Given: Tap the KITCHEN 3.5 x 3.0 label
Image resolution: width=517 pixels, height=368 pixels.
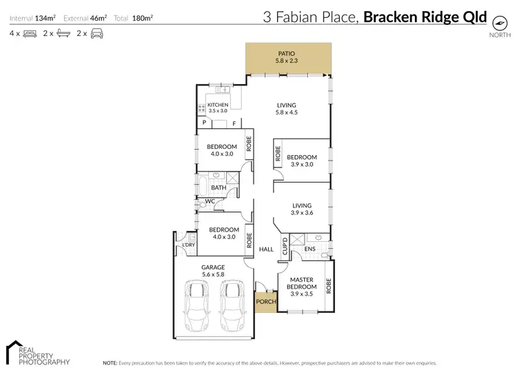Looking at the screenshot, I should coord(218,108).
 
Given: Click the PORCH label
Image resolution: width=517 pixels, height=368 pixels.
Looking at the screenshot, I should coord(265,301).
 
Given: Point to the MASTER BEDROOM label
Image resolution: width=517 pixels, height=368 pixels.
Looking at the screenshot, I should coord(301,285).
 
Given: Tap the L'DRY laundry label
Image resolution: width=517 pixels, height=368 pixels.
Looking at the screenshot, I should coord(188,245).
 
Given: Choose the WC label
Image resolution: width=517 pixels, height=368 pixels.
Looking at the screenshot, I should coord(210,201).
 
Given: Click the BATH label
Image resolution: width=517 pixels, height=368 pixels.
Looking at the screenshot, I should coord(219,187).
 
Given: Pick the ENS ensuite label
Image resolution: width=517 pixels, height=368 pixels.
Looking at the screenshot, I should coord(310,249).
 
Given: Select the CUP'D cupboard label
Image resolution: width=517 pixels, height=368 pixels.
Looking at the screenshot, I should coord(284,247).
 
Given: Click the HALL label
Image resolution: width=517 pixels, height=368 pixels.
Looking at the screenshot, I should coord(266,249).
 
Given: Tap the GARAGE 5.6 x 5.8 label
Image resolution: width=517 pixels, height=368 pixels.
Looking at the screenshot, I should coord(213,270).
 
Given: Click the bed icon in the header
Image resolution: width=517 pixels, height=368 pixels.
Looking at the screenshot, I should coord(30,33).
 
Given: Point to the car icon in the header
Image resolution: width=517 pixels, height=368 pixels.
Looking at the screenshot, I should coord(97,33).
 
